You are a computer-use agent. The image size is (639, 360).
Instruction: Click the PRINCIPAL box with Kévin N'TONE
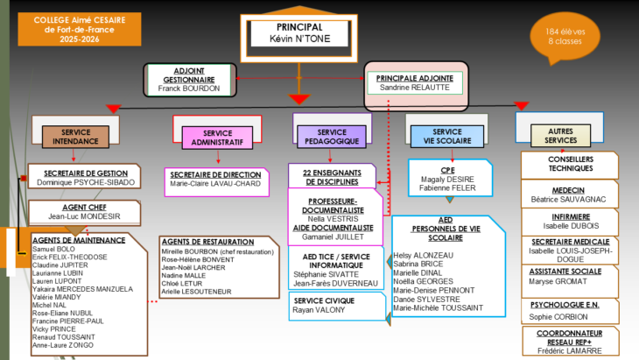tap(299, 32)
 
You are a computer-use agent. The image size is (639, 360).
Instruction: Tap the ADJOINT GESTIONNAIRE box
tap(189, 80)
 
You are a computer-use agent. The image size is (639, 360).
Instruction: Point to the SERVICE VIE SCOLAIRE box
tap(452, 136)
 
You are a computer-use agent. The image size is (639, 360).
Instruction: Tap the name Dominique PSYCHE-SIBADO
tap(83, 182)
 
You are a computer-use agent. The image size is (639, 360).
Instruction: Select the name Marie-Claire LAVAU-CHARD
tap(215, 183)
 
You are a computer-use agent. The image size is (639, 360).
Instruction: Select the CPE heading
tap(447, 171)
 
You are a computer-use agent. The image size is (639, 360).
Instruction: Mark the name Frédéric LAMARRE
tap(570, 350)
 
